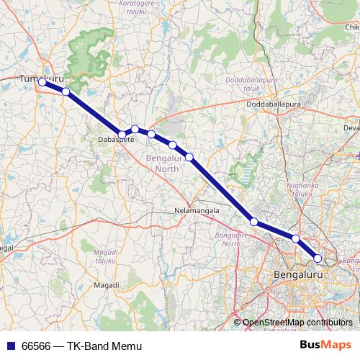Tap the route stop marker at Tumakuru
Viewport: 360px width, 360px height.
click(42, 82)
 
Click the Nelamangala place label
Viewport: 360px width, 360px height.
click(196, 211)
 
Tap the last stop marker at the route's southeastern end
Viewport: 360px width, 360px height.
click(318, 258)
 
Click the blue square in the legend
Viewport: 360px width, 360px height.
click(9, 346)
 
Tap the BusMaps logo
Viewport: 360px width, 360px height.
click(327, 346)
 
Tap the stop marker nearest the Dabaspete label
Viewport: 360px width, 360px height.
click(122, 134)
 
